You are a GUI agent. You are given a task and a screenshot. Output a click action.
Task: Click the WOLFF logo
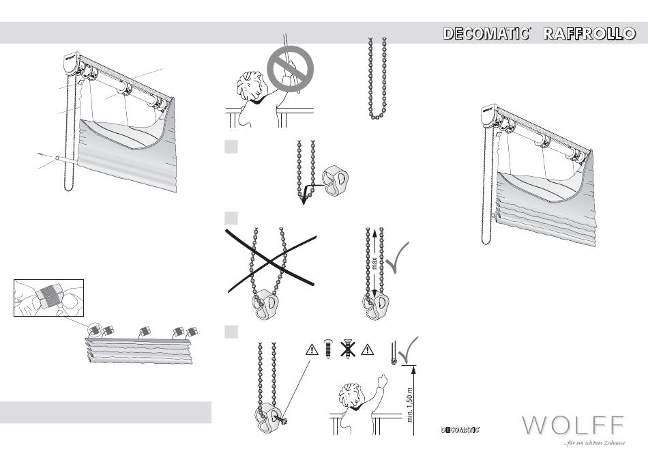click(573, 425)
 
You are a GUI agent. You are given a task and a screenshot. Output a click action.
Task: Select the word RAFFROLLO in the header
click(589, 33)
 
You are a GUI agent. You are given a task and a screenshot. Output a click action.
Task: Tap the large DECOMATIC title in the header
click(487, 33)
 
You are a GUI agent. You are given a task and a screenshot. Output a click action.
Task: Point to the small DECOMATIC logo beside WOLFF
click(460, 429)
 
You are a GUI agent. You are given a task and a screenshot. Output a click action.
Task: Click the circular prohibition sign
click(290, 69)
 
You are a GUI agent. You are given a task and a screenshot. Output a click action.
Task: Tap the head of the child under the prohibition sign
click(250, 85)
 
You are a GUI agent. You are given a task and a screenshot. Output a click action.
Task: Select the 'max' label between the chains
click(374, 263)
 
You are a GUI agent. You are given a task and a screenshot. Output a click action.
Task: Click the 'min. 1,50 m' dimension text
click(409, 405)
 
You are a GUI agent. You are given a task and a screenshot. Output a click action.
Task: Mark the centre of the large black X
click(271, 261)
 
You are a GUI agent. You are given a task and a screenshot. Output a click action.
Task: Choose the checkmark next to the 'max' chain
click(397, 257)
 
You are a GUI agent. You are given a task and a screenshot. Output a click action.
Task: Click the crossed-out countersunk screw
click(348, 349)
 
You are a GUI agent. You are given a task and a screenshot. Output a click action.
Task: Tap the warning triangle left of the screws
click(312, 350)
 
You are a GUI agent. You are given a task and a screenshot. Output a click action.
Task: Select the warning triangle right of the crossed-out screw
click(367, 350)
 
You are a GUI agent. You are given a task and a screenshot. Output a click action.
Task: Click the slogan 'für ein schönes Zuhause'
click(594, 443)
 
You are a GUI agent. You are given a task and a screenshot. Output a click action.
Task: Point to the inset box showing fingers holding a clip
click(48, 298)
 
